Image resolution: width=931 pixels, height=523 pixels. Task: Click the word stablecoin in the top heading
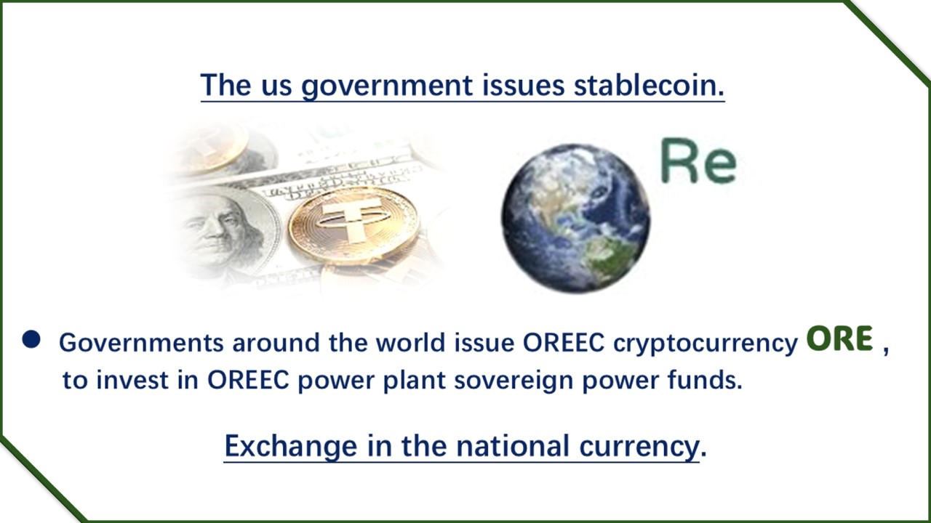click(x=649, y=85)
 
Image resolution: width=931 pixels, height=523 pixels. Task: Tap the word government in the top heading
click(x=387, y=86)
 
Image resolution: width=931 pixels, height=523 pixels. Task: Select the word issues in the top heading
click(x=523, y=85)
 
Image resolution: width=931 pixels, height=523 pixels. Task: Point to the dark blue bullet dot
click(x=31, y=338)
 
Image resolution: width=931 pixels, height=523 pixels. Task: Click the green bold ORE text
click(x=839, y=338)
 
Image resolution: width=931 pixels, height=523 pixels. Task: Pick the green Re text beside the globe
click(x=699, y=161)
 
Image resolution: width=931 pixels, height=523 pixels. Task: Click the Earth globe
click(x=575, y=218)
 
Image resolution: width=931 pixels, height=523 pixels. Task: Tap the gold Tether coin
click(x=353, y=224)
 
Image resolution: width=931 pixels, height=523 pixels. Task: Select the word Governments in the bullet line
click(x=141, y=342)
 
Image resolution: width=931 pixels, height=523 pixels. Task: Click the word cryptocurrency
click(x=706, y=344)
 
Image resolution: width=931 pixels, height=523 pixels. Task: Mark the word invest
click(x=132, y=380)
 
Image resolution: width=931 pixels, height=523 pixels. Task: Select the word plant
click(x=415, y=380)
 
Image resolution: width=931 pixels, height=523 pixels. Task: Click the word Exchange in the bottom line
click(x=291, y=447)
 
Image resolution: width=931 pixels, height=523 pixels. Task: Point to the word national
click(x=513, y=445)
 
